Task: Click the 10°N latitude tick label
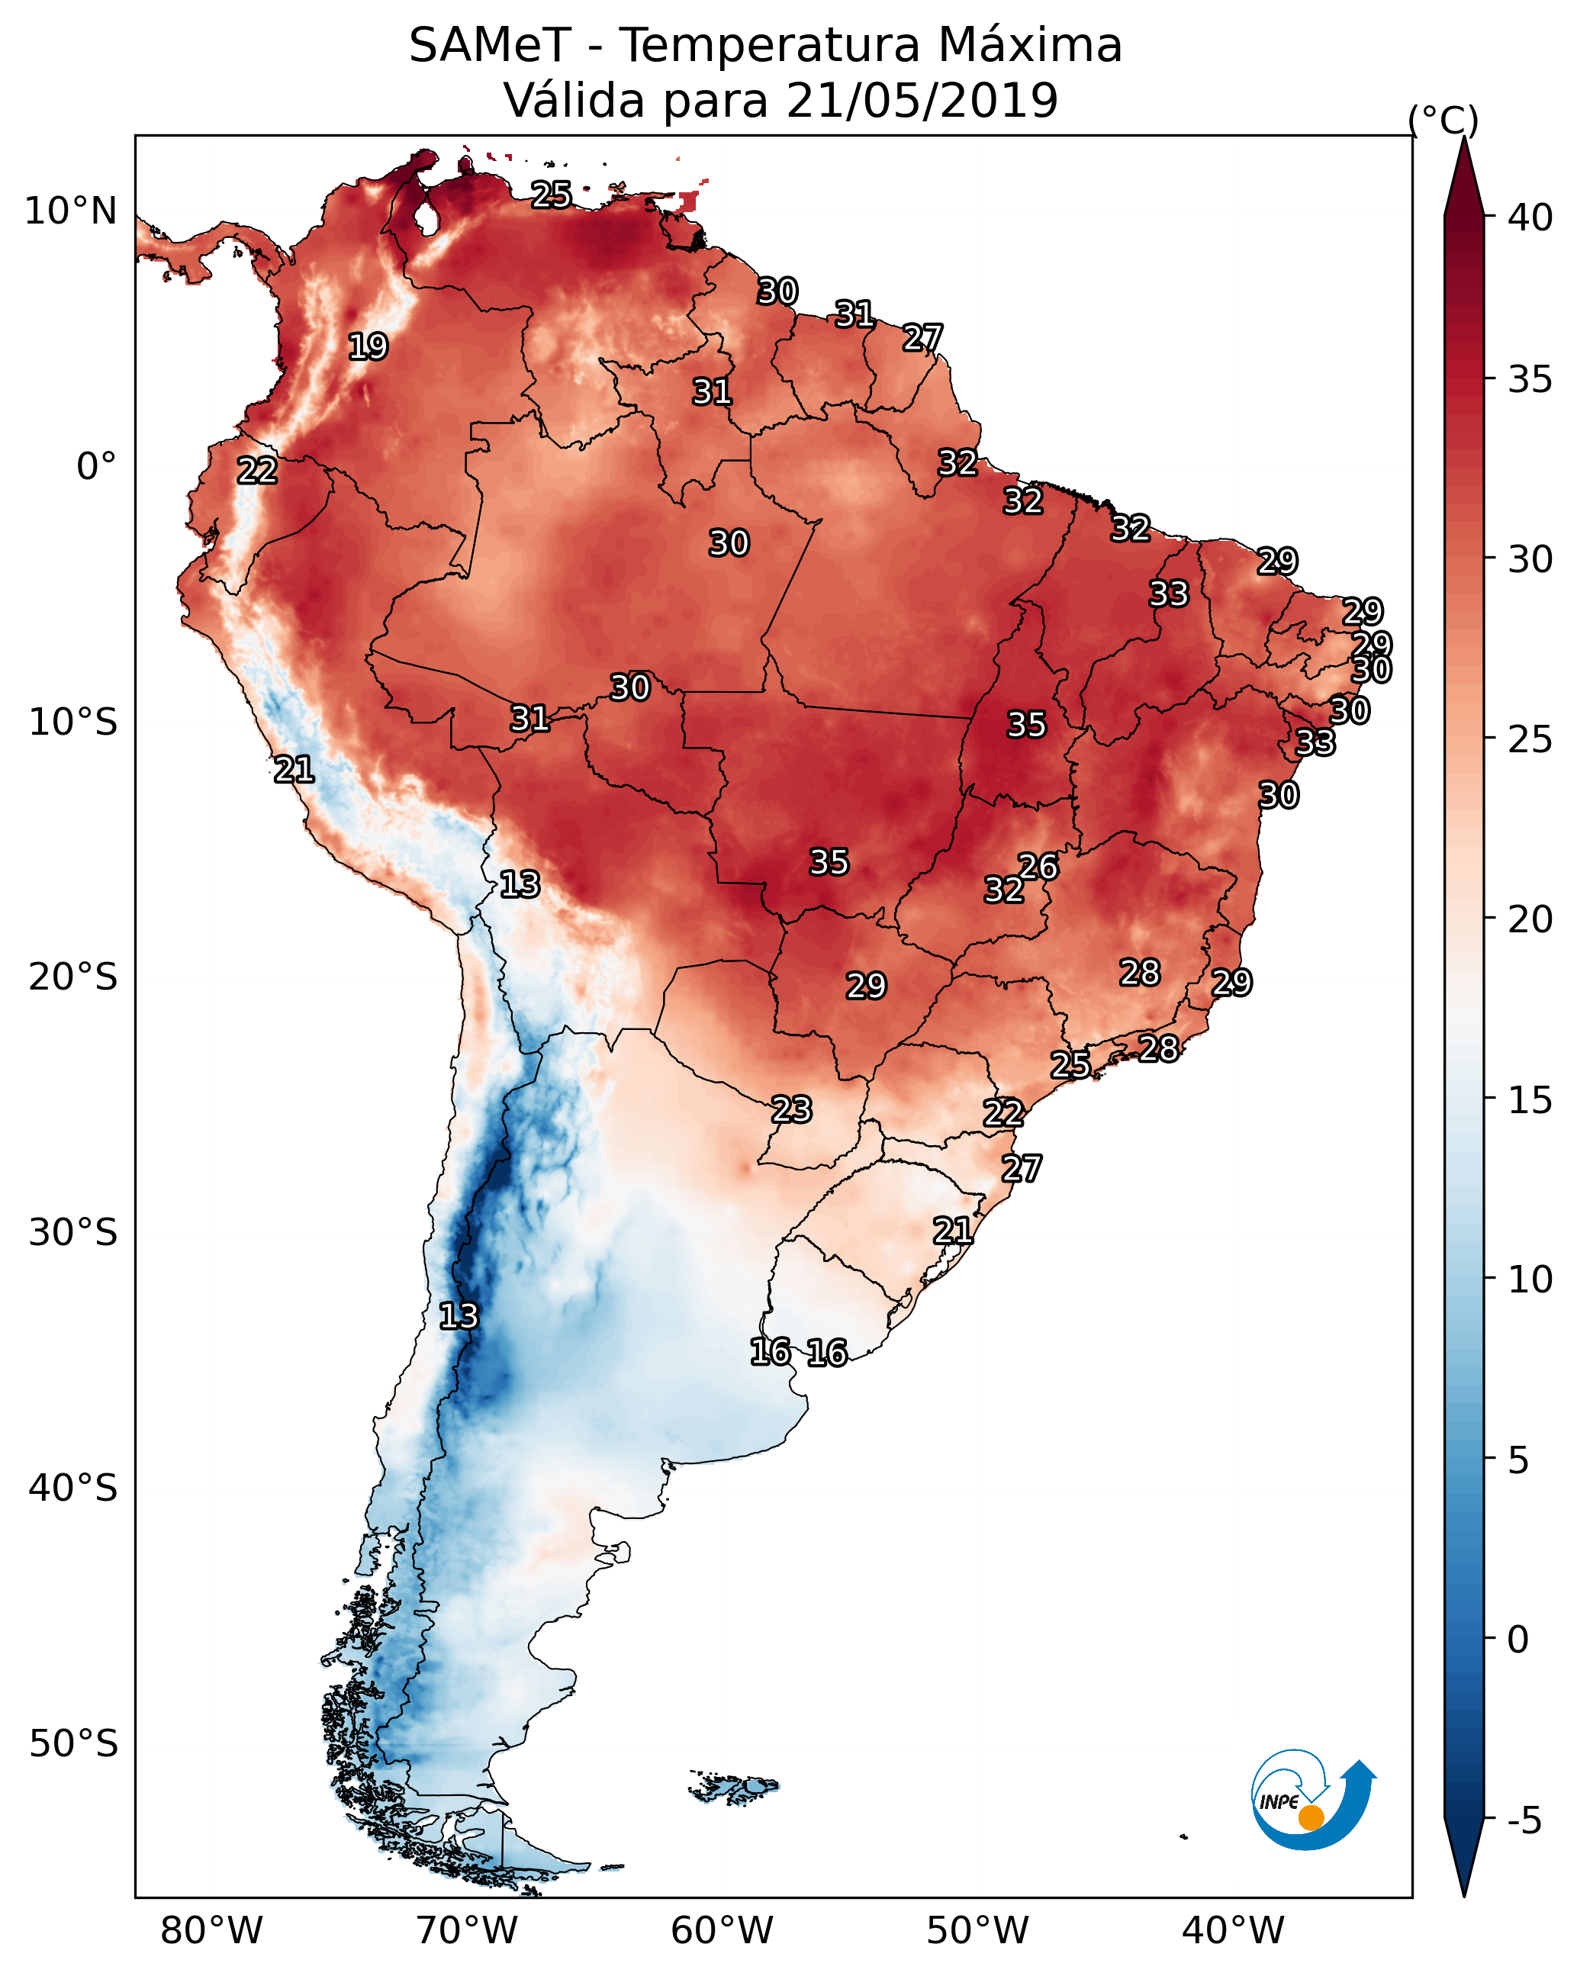[70, 211]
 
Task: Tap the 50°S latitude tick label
[73, 1743]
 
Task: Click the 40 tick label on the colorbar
[1530, 217]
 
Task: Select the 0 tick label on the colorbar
[1518, 1639]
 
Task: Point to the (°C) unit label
[1443, 120]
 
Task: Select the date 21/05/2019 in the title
[922, 101]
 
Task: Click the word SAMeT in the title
[490, 46]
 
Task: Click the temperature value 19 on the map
[368, 347]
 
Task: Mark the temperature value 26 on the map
[1038, 866]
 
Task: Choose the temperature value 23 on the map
[790, 1109]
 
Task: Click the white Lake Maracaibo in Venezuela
[426, 219]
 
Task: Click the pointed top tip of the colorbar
[1463, 139]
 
